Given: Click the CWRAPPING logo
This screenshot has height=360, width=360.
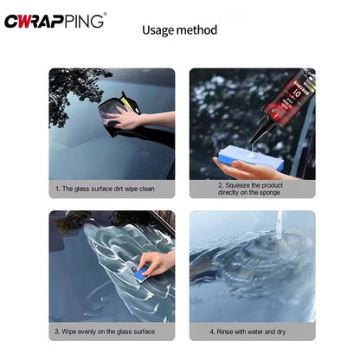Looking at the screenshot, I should (55, 21).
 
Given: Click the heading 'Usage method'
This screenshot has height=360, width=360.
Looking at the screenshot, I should (179, 30).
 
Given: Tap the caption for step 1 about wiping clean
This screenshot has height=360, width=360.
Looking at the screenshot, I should (105, 188).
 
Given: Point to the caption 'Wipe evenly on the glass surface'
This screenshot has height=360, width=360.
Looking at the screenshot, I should (105, 331).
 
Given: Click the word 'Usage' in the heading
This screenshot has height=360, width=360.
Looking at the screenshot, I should (158, 30).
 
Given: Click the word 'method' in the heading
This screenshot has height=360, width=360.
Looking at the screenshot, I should (198, 30).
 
